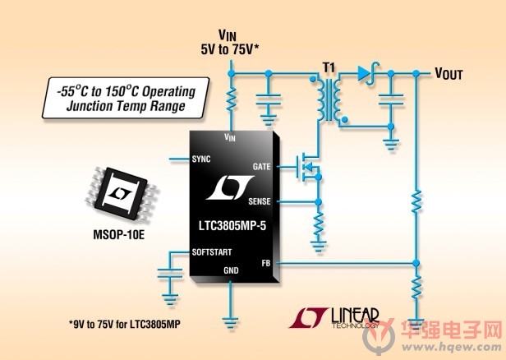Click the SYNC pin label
pyautogui.click(x=201, y=159)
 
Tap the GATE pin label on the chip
pyautogui.click(x=262, y=167)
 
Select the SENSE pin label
pyautogui.click(x=260, y=201)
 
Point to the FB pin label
pyautogui.click(x=266, y=264)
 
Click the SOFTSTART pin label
pyautogui.click(x=212, y=252)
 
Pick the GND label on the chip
pyautogui.click(x=231, y=270)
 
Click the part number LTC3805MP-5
pyautogui.click(x=232, y=226)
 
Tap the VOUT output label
pyautogui.click(x=448, y=74)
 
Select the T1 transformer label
pyautogui.click(x=329, y=67)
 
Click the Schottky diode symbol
pyautogui.click(x=367, y=74)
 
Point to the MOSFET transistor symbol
pyautogui.click(x=308, y=167)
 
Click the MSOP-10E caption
pyautogui.click(x=119, y=235)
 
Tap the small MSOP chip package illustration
pyautogui.click(x=122, y=194)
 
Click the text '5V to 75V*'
pyautogui.click(x=230, y=49)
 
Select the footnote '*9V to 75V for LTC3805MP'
pyautogui.click(x=125, y=324)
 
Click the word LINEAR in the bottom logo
pyautogui.click(x=356, y=316)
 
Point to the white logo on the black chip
pyautogui.click(x=230, y=187)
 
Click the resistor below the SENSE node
pyautogui.click(x=319, y=224)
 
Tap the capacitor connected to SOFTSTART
pyautogui.click(x=170, y=274)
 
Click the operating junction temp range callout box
pyautogui.click(x=126, y=98)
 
